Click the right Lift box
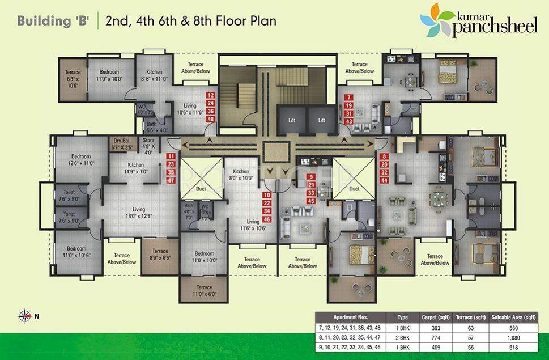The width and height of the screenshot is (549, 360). pos(321,120)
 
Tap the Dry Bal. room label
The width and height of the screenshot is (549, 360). pos(122,144)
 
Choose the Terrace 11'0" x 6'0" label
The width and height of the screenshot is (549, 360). pos(204,290)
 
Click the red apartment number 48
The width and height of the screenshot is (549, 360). pos(211,120)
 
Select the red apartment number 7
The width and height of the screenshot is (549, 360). pos(349,98)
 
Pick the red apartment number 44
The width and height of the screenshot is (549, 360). pos(384,180)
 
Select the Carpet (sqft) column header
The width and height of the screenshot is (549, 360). pos(435,317)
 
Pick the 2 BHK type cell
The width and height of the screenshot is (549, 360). pos(403,338)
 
